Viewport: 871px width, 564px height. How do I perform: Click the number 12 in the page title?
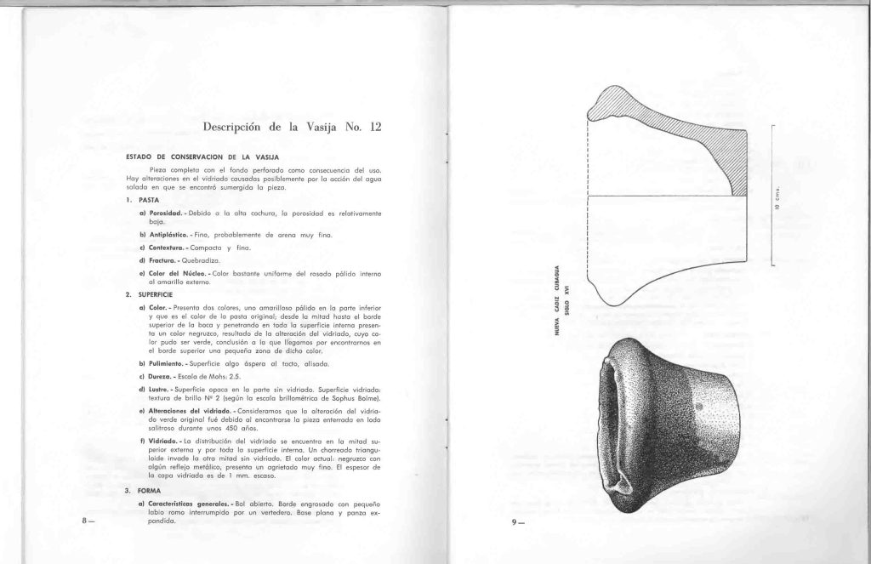point(375,128)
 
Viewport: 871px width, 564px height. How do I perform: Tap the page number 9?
point(517,523)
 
